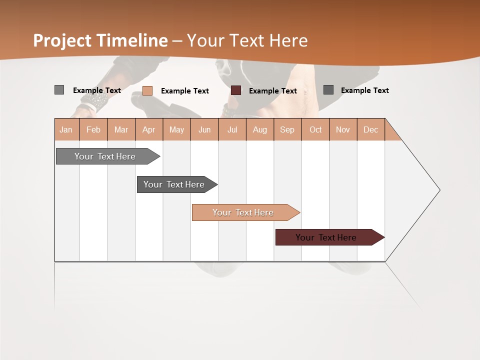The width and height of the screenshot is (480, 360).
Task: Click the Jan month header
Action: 66,129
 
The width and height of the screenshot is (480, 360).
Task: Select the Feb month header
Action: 93,129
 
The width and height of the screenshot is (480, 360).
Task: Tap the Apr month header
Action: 148,129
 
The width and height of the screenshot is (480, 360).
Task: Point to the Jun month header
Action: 204,129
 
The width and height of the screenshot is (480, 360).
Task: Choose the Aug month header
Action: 259,129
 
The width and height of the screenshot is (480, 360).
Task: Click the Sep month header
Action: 287,129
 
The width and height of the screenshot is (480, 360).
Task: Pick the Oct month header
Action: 315,129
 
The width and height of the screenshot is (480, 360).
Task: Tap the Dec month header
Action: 370,129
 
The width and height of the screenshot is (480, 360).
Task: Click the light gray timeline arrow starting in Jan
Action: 105,156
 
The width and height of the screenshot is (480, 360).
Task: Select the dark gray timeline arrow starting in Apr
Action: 174,184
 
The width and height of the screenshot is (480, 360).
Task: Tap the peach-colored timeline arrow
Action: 243,212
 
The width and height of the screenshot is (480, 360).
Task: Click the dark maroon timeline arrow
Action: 326,237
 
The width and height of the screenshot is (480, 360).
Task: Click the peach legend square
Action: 147,90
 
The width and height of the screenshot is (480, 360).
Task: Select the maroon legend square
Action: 236,90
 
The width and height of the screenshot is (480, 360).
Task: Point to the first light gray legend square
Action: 59,90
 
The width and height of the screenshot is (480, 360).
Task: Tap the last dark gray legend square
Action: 328,89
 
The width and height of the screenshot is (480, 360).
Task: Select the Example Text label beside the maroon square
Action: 272,91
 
